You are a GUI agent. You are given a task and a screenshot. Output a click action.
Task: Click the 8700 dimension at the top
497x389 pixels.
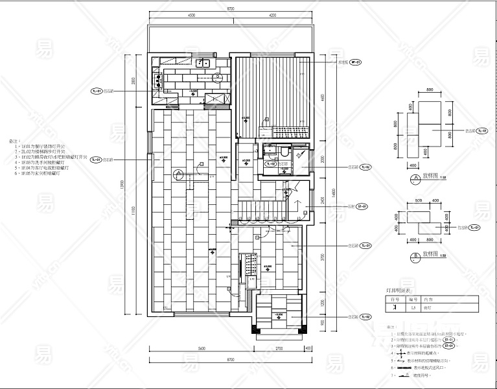(231, 8)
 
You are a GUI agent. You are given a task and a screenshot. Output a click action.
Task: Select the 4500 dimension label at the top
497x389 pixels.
(192, 15)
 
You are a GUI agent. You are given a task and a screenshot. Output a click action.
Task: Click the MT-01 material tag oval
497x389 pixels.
(356, 62)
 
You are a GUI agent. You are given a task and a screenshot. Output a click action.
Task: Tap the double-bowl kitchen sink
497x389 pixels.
(202, 64)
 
